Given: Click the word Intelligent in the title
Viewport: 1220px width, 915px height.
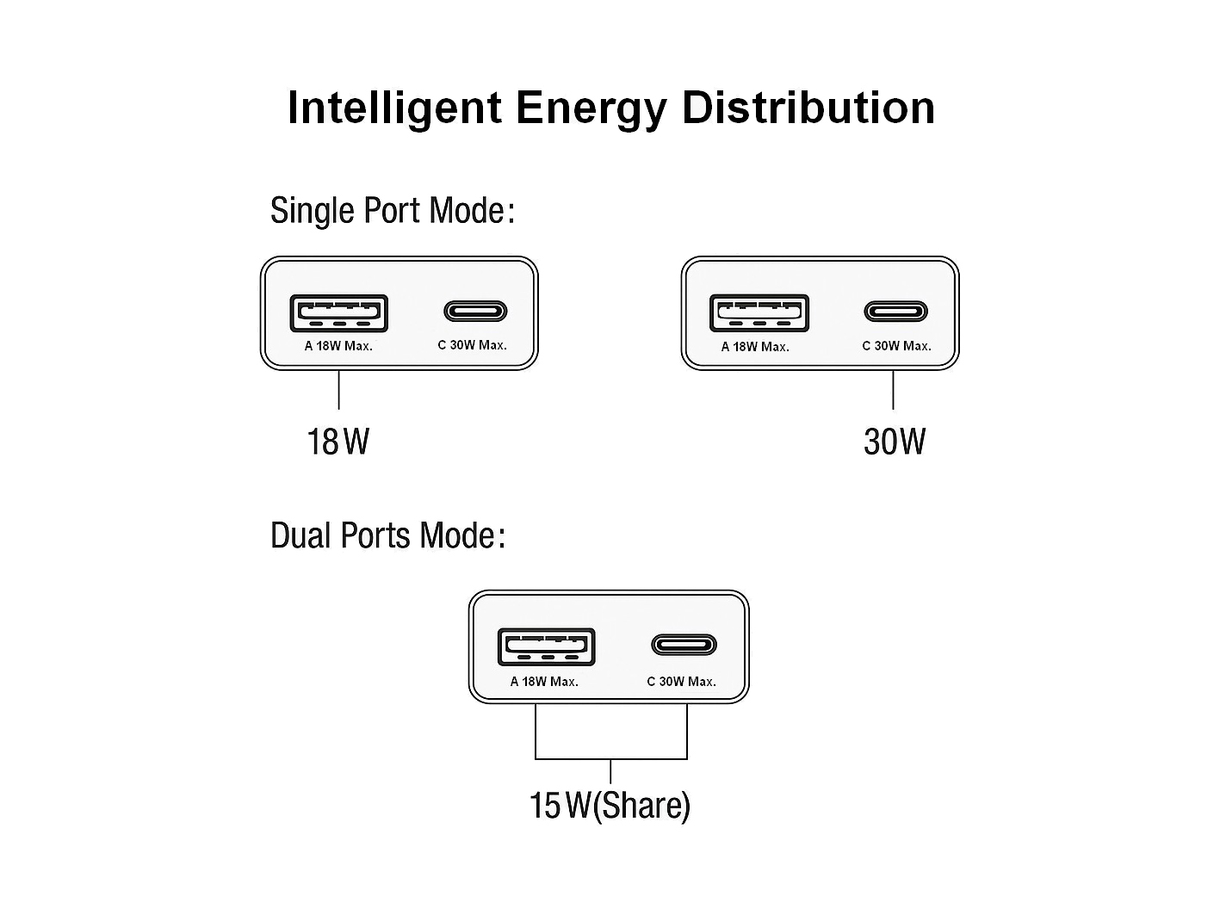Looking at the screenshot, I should (394, 108).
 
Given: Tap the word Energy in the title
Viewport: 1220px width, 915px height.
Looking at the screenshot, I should (591, 108).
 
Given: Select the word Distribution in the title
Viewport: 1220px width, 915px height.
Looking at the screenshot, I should (808, 108).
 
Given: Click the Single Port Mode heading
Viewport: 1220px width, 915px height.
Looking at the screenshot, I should (393, 211).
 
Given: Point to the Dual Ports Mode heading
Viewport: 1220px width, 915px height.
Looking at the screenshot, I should (387, 535).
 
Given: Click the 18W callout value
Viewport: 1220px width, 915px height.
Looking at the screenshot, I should (338, 442).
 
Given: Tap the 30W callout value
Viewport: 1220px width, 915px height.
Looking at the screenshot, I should (894, 442).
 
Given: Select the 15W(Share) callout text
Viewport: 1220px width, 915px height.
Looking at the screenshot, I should (610, 806).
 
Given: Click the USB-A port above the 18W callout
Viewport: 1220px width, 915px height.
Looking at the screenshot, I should (338, 313).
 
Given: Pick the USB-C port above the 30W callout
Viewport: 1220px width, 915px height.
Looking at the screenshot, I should (896, 311).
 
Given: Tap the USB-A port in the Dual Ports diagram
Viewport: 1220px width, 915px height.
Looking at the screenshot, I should (547, 646).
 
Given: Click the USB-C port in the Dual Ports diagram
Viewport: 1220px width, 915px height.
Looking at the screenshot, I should (684, 645).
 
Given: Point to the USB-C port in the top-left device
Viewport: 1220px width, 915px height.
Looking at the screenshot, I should (475, 311).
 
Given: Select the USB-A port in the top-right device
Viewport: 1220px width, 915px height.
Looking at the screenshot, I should (759, 313).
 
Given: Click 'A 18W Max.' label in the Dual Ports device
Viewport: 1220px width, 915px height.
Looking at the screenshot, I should (544, 682).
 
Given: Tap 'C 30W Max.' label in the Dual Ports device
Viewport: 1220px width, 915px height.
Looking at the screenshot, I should (681, 682).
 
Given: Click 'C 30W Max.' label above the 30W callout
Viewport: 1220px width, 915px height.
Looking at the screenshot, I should (896, 346).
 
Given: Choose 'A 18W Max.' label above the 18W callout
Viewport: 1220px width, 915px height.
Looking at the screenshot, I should (338, 346).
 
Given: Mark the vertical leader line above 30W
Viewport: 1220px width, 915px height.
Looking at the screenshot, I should (894, 390).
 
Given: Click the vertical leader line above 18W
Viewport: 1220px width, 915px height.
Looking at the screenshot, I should (339, 390).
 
